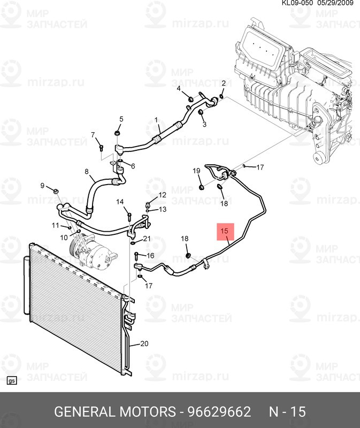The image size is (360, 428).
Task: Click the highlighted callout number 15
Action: pos(224,231)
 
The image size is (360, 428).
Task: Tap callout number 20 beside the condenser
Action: pos(144,343)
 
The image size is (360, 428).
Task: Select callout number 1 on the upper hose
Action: pos(156,120)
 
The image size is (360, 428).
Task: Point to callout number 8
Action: pos(87,171)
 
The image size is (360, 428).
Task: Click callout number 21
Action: pos(147,239)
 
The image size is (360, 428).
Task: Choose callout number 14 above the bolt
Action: pos(120,202)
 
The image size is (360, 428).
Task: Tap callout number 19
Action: pos(196,171)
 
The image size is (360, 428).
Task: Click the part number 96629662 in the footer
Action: pos(219,411)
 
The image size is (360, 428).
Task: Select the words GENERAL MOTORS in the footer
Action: pos(115,411)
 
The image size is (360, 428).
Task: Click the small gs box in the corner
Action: pos(11,381)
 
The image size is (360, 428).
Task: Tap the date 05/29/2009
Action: pos(335,3)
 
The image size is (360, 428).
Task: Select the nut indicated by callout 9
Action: pos(55,191)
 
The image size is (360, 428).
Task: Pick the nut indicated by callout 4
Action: pos(192,98)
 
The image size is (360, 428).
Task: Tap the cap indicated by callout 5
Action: pos(117,133)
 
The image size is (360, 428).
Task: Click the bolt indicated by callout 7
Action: pos(101,148)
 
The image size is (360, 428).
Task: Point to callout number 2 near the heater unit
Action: pos(224,83)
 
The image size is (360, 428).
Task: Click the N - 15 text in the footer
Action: pos(287,411)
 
